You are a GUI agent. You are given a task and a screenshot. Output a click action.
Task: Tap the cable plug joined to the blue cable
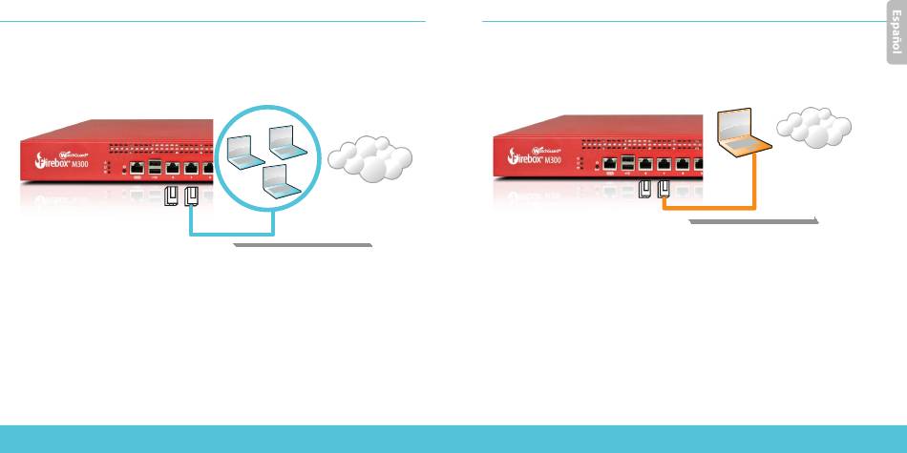(x=192, y=197)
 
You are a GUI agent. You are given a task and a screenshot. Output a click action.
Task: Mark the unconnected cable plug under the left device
(x=173, y=197)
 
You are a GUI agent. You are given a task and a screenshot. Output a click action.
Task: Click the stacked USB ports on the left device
(x=155, y=168)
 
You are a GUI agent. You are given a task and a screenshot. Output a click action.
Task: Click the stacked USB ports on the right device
(x=627, y=164)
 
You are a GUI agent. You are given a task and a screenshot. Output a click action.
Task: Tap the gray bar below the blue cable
(x=302, y=245)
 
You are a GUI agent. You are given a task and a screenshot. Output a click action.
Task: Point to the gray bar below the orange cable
(x=752, y=220)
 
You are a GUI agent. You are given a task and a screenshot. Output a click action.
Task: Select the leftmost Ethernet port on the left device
(x=137, y=169)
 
